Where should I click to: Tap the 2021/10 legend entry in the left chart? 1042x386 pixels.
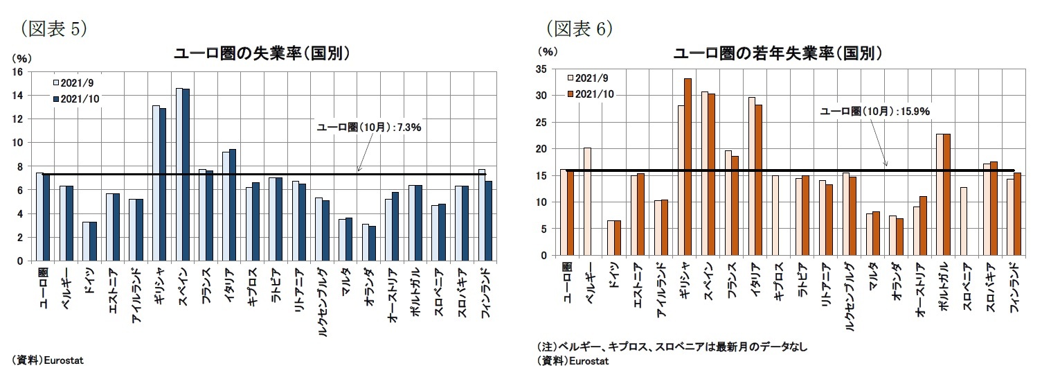[x=76, y=99]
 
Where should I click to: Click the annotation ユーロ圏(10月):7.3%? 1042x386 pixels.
[x=369, y=127]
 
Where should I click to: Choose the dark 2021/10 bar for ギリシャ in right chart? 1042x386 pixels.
[x=688, y=167]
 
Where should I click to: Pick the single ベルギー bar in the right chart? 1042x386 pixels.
[x=587, y=202]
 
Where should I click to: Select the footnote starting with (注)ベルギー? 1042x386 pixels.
[x=672, y=346]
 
